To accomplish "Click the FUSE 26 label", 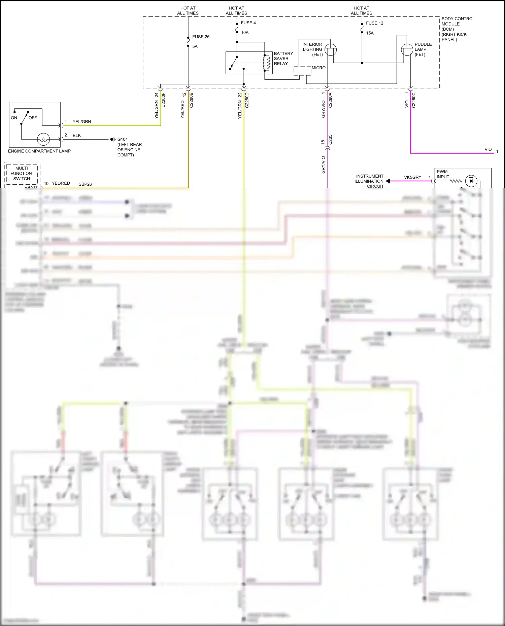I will pos(201,37).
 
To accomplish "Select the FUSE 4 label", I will pos(248,23).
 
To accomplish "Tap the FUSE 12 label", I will pos(374,23).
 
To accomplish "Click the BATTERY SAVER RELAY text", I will pos(283,59).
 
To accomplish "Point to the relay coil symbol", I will pos(268,63).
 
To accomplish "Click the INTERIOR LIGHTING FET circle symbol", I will pos(331,50).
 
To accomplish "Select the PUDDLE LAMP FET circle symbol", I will pos(407,50).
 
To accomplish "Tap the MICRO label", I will pos(318,68).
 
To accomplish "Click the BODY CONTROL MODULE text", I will pos(458,29).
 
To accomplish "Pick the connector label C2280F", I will pos(164,100).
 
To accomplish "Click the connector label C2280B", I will pos(191,100).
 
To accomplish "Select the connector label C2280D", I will pos(247,100).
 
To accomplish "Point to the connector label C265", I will pos(330,140).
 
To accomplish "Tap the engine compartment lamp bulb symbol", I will pos(43,139).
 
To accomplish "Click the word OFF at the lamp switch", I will pos(33,118).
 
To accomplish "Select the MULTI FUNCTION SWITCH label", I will pos(22,173).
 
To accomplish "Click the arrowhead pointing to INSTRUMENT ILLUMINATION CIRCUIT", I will pos(388,181).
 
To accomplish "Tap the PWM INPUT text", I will pos(443,174).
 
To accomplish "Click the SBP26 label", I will pos(85,184).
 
